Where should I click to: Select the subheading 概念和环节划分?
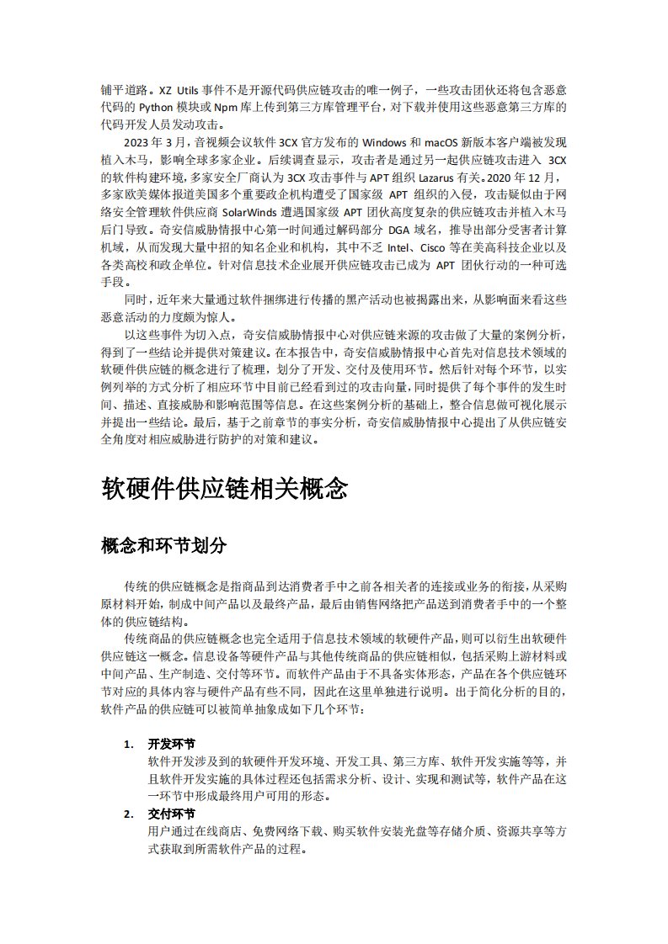click(163, 545)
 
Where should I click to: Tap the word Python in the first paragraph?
click(155, 107)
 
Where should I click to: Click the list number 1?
click(128, 745)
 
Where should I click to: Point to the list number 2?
click(128, 814)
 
